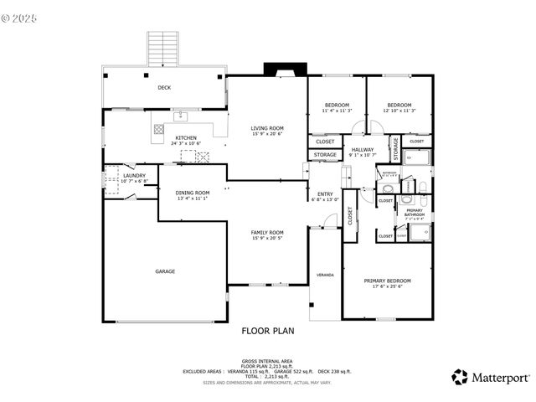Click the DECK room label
click(x=164, y=87)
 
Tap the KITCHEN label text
click(x=186, y=138)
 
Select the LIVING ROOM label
click(x=267, y=128)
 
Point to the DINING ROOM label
click(x=193, y=193)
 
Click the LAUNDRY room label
click(x=135, y=176)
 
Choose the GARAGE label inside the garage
click(x=164, y=271)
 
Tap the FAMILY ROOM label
click(x=267, y=232)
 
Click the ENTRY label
click(x=323, y=194)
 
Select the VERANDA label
click(x=324, y=275)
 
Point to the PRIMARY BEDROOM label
click(x=387, y=281)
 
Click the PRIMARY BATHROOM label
click(x=415, y=212)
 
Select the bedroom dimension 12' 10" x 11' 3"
click(x=399, y=110)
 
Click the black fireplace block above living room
click(x=275, y=70)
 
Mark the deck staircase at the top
click(x=161, y=48)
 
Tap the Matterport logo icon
click(x=460, y=377)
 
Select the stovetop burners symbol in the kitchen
click(x=157, y=130)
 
